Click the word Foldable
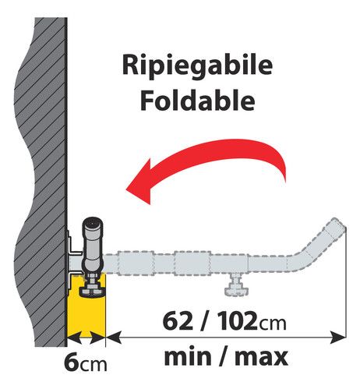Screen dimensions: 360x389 tap(197, 101)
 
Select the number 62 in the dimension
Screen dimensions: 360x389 tap(178, 321)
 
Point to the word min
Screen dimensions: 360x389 tap(188, 357)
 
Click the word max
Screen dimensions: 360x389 tap(261, 357)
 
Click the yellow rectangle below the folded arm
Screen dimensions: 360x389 tap(86, 306)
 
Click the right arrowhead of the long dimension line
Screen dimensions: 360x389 tap(338, 338)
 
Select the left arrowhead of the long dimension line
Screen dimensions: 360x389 tap(115, 338)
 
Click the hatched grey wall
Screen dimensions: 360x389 tap(41, 182)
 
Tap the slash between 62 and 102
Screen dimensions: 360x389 tap(206, 321)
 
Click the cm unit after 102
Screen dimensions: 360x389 tap(273, 324)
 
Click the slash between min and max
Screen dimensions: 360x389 tap(223, 357)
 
